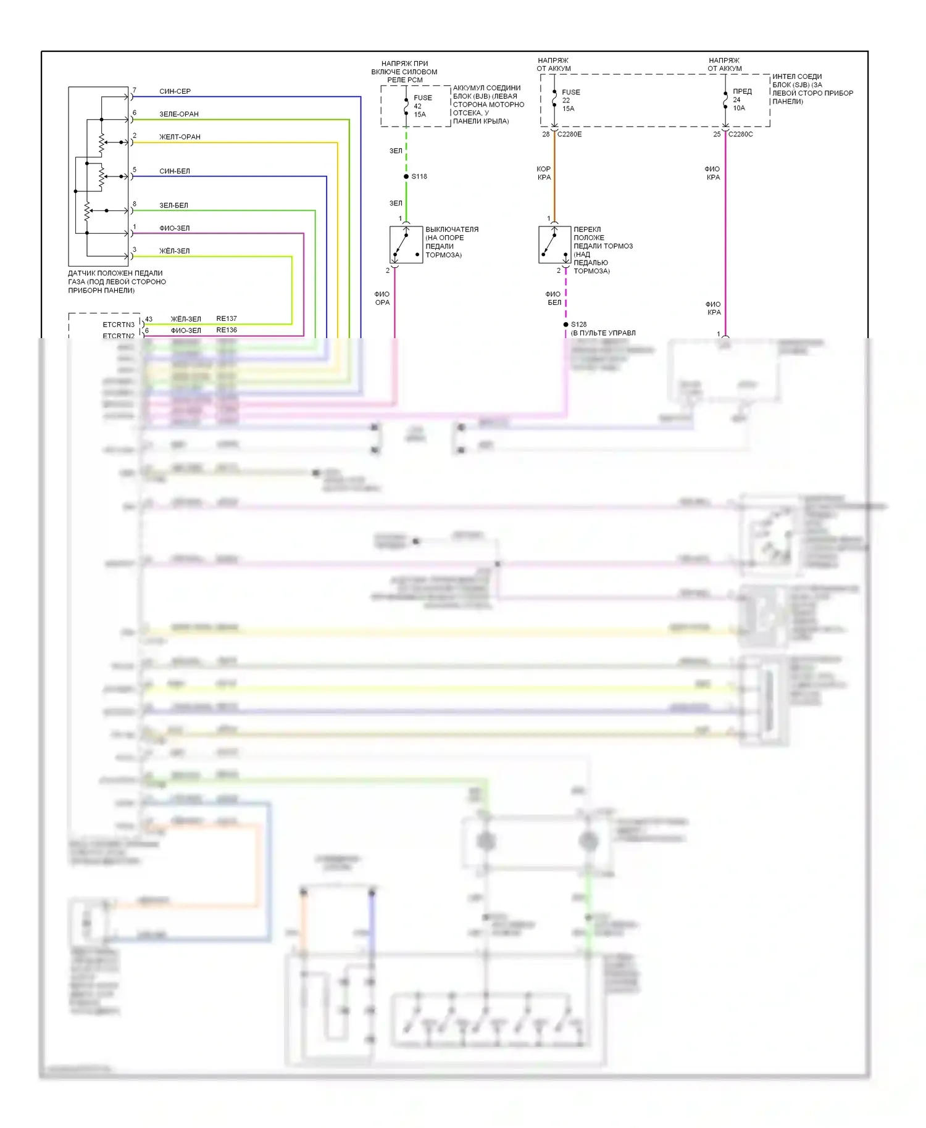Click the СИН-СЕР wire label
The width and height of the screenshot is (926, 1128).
click(175, 91)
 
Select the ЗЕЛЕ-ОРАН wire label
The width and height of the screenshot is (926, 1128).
click(179, 114)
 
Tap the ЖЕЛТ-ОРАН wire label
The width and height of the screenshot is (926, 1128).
click(180, 137)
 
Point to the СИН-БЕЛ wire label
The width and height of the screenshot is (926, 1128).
click(175, 171)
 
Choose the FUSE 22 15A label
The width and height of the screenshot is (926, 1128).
click(570, 101)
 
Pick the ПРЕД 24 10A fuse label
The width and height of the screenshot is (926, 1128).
click(741, 99)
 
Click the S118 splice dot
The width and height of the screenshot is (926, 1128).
click(406, 176)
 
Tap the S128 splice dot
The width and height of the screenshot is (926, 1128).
click(565, 325)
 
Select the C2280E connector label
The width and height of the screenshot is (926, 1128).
click(569, 134)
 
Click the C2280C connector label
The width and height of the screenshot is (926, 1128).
click(740, 134)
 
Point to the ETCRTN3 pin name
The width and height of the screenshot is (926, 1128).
click(119, 325)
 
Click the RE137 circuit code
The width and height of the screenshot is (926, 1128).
click(227, 319)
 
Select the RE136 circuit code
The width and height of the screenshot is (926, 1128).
click(227, 330)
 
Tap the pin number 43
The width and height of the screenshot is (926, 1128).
click(149, 319)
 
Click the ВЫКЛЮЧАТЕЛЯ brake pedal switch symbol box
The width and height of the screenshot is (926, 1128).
click(406, 245)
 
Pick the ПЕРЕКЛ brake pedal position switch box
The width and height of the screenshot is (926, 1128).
click(554, 245)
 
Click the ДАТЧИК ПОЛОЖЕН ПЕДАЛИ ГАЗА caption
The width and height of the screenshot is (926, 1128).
click(117, 281)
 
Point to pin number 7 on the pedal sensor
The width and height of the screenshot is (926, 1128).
click(134, 90)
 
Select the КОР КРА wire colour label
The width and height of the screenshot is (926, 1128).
click(544, 173)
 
